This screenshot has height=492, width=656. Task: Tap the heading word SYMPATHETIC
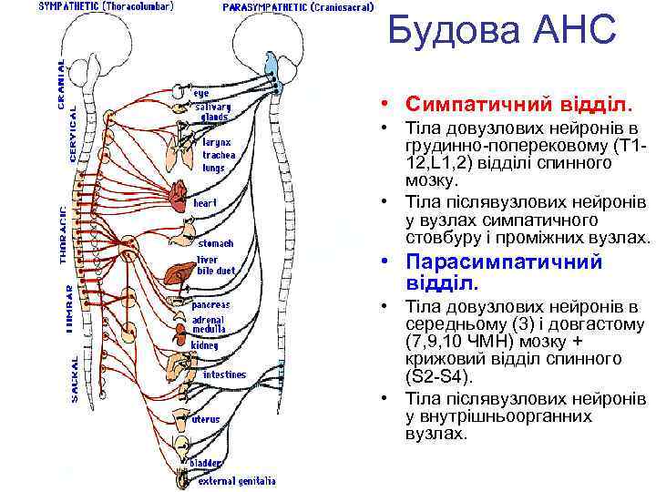(x=69, y=7)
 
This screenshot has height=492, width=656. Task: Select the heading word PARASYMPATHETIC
(x=265, y=7)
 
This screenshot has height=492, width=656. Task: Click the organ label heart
(x=205, y=202)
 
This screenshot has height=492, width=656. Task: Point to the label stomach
(x=216, y=243)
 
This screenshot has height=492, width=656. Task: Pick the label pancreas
(x=210, y=304)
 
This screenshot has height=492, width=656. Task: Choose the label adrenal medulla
(x=209, y=324)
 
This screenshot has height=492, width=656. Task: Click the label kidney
(x=205, y=346)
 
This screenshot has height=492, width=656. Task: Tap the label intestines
(x=224, y=374)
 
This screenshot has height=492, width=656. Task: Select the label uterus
(x=206, y=419)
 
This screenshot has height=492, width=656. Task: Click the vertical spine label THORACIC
(x=64, y=234)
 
